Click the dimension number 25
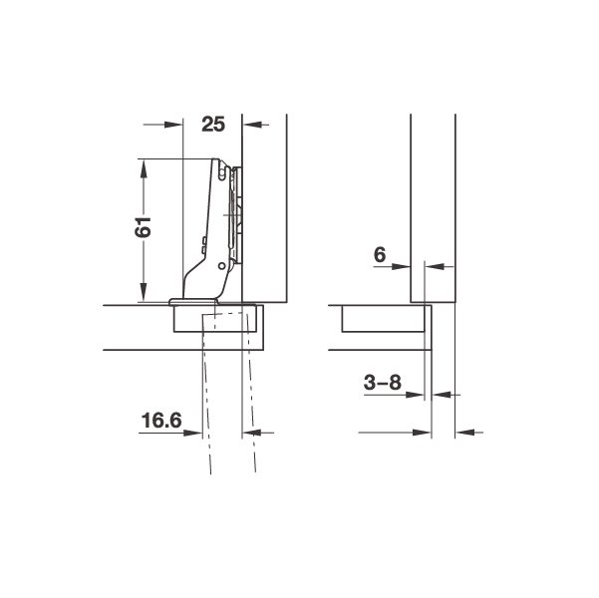pyautogui.click(x=213, y=125)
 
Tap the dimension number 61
pyautogui.click(x=144, y=227)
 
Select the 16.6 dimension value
pyautogui.click(x=161, y=421)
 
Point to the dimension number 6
pyautogui.click(x=380, y=254)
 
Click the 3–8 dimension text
pyautogui.click(x=383, y=382)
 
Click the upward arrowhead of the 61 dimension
pyautogui.click(x=144, y=168)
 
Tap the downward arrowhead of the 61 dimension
pyautogui.click(x=144, y=292)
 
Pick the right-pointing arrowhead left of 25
pyautogui.click(x=173, y=125)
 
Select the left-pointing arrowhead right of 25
pyautogui.click(x=252, y=125)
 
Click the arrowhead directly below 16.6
pyautogui.click(x=192, y=433)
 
